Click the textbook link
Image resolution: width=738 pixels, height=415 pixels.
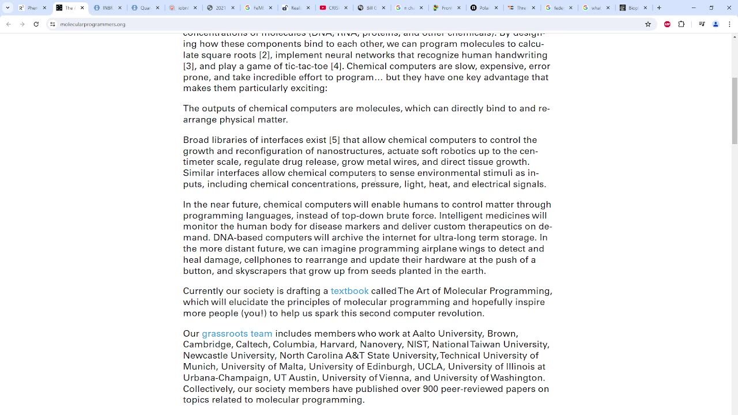pos(349,291)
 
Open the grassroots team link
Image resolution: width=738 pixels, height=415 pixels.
pos(236,334)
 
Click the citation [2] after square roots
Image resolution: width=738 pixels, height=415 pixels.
pos(264,55)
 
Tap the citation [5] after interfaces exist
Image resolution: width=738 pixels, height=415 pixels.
pos(334,140)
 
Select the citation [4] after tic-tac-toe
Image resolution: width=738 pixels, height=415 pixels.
pos(336,66)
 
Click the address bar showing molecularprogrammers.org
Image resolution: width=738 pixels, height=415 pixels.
pos(92,24)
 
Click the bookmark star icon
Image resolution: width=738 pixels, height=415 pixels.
pos(648,24)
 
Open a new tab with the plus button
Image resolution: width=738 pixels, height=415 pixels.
pos(659,7)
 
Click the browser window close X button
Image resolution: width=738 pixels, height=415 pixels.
pos(729,7)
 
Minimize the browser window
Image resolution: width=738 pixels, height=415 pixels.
pos(694,7)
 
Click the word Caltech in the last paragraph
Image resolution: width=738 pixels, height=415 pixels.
pos(251,345)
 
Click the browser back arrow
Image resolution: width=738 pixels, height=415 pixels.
pos(9,24)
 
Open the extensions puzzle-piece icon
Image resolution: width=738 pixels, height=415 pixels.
pos(681,24)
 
